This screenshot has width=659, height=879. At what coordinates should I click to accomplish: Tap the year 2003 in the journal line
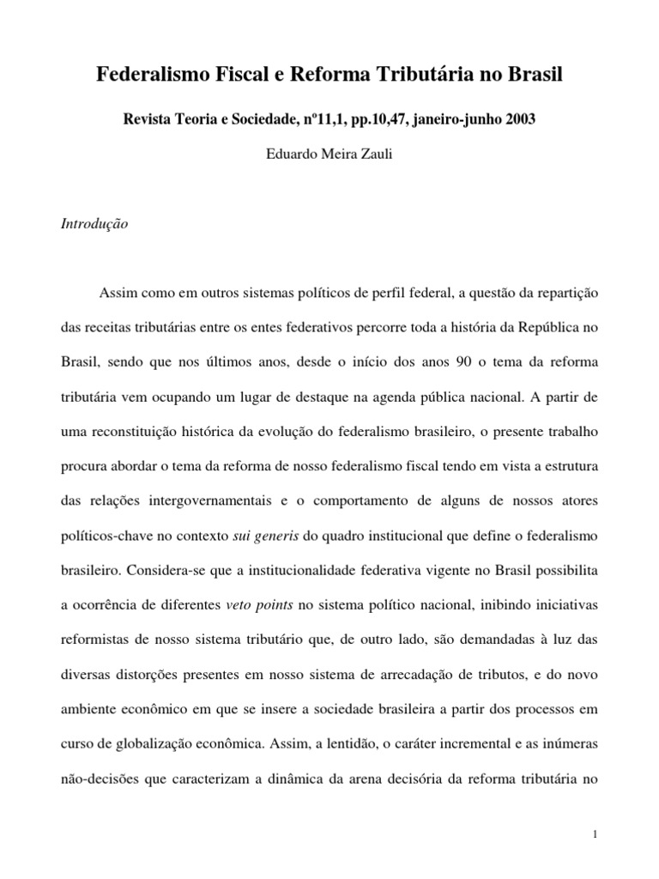pos(518,119)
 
